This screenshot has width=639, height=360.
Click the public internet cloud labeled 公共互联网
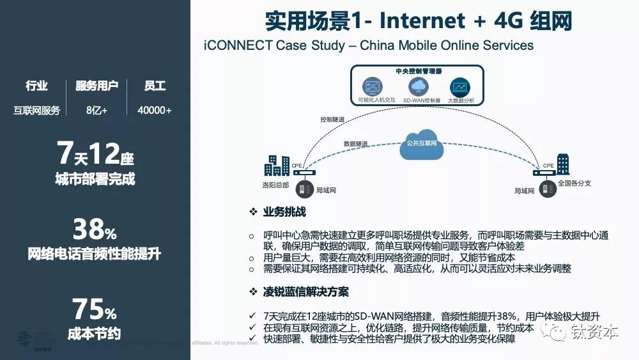(422, 141)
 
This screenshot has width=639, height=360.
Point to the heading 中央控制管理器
(419, 70)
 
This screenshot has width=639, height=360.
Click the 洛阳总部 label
(275, 185)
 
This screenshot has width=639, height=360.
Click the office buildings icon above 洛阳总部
(277, 164)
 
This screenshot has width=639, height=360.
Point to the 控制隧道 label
(332, 120)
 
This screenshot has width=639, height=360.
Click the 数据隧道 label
(355, 144)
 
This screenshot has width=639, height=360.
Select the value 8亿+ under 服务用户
(96, 110)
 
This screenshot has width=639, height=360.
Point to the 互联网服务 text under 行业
(36, 110)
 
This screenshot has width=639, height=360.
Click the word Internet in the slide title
(422, 20)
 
